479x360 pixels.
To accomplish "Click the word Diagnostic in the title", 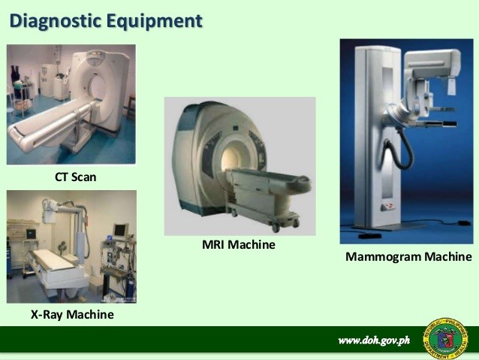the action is (56, 21).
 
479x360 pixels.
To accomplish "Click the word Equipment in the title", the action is (154, 22).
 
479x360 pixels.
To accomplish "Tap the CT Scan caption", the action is (76, 177).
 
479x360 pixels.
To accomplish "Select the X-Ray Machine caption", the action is (72, 314).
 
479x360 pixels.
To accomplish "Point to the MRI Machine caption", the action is (239, 245).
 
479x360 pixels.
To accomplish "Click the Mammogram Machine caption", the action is (408, 256).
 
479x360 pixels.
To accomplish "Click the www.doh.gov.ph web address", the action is (374, 340).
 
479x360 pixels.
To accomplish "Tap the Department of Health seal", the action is (445, 339).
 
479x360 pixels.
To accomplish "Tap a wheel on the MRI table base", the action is (276, 228).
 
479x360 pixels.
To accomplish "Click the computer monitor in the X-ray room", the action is (120, 230).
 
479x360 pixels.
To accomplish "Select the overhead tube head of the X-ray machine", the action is (49, 211).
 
